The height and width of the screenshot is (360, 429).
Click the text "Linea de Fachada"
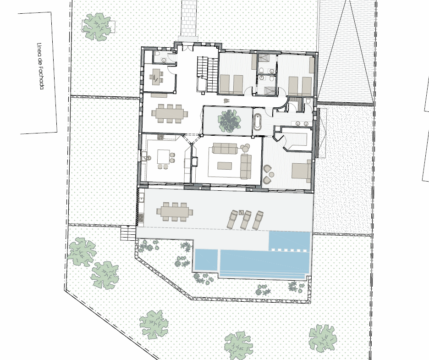click(40, 66)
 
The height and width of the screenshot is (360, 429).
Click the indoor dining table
click(170, 113)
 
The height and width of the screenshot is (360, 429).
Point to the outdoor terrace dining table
click(175, 211)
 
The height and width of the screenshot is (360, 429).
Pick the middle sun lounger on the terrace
click(245, 219)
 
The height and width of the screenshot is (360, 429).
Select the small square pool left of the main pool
click(206, 259)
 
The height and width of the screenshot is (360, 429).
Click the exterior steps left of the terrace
click(128, 233)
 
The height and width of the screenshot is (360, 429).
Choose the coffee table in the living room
click(225, 166)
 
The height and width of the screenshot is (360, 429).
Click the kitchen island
click(164, 156)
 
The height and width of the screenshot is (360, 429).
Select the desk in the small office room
click(155, 75)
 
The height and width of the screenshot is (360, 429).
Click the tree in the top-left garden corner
click(98, 26)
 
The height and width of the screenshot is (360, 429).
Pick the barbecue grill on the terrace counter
click(141, 218)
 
